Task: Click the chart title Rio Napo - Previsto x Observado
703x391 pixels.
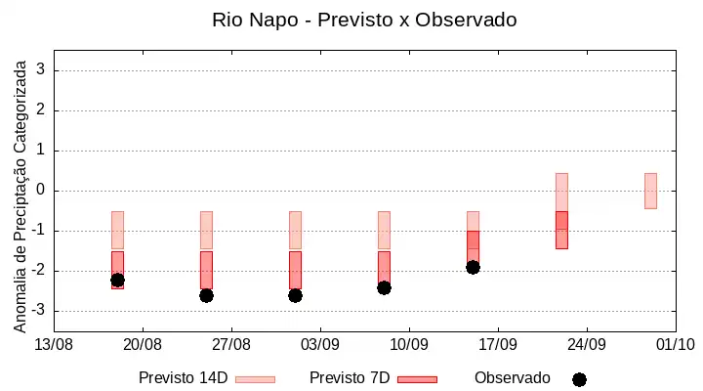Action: point(364,21)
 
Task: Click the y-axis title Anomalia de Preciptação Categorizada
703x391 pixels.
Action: point(20,196)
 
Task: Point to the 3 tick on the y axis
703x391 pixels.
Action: point(41,69)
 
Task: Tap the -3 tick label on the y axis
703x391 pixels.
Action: point(38,310)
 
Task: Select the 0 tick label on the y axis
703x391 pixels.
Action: point(41,190)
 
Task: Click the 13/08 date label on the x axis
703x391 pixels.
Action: point(54,345)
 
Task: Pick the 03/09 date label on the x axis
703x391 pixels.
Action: point(320,345)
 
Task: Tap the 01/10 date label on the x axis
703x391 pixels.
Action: point(676,345)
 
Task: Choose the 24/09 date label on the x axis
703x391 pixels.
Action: point(587,345)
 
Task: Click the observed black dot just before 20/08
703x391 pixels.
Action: point(117,281)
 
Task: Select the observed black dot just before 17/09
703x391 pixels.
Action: point(473,268)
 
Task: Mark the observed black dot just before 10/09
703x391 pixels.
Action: point(385,287)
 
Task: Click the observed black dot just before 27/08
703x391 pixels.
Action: point(206,296)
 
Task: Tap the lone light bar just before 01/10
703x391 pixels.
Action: point(650,191)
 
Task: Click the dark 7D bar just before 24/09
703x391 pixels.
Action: point(561,230)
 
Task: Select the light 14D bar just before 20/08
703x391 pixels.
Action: point(117,230)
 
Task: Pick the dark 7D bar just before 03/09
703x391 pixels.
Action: point(296,270)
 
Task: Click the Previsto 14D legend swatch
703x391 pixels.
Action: point(255,380)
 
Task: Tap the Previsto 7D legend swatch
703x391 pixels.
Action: point(418,380)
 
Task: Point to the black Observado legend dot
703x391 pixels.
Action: point(579,380)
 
